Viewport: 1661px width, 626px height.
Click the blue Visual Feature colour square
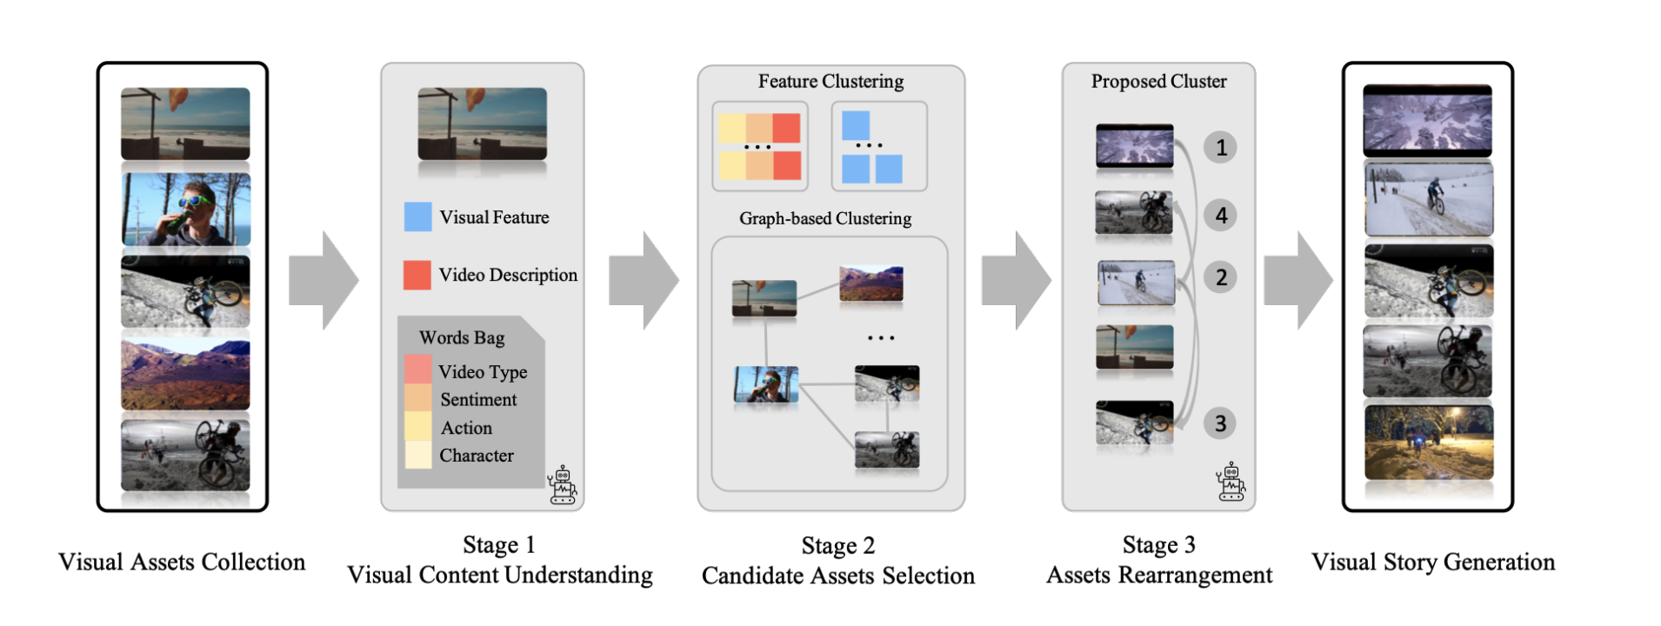click(417, 216)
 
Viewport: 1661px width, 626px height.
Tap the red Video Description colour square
click(417, 275)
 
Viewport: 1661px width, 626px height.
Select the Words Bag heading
click(462, 337)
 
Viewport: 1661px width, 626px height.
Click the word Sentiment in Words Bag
click(478, 400)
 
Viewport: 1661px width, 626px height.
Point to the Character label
click(477, 456)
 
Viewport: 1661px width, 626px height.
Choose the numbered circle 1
click(1221, 148)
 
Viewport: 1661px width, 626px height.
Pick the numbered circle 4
click(1221, 215)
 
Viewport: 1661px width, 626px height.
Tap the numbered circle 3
click(1221, 423)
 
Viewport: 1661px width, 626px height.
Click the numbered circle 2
click(1221, 277)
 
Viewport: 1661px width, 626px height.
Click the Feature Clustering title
click(830, 82)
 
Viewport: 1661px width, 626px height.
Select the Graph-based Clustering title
click(825, 218)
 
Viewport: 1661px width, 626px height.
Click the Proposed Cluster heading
click(1158, 82)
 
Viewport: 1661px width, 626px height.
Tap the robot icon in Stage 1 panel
click(563, 485)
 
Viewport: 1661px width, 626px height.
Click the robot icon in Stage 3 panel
click(1231, 483)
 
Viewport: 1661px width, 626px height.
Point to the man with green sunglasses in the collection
click(185, 209)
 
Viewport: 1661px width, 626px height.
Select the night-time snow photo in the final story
click(1428, 442)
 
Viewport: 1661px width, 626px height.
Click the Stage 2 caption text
click(837, 561)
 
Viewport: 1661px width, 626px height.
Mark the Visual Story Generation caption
click(1433, 563)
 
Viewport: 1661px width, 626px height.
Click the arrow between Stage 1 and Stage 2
click(644, 280)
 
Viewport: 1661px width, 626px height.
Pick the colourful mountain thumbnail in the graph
click(871, 283)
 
